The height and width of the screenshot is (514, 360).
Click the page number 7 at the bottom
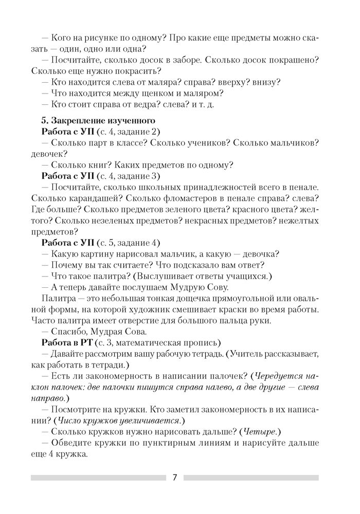tap(175, 477)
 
